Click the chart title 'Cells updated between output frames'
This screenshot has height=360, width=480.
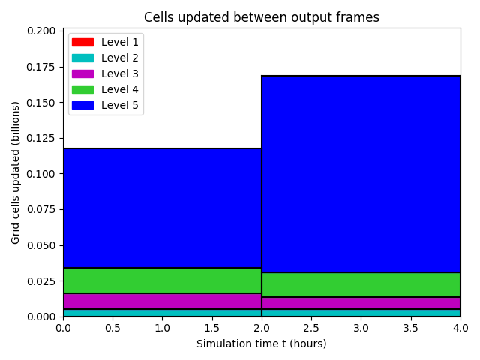click(x=262, y=17)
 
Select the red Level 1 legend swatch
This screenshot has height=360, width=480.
click(x=82, y=42)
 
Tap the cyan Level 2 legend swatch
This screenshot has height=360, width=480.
click(x=82, y=58)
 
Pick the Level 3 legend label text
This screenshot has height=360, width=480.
click(x=120, y=73)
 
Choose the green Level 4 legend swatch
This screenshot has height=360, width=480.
click(x=82, y=89)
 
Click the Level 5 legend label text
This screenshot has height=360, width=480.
click(x=120, y=105)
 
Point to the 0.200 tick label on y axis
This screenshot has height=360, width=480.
click(x=41, y=31)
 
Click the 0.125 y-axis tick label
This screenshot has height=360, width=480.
click(x=41, y=138)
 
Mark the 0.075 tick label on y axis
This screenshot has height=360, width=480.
click(x=41, y=209)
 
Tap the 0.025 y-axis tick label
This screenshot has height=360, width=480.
click(x=41, y=281)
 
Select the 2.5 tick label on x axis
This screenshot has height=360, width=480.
click(x=311, y=328)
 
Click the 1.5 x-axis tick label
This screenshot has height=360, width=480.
click(x=211, y=328)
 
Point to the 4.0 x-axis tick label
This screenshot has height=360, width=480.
click(x=460, y=328)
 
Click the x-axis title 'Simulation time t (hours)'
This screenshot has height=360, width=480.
click(x=262, y=343)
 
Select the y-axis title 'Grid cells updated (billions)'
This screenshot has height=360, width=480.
click(x=15, y=172)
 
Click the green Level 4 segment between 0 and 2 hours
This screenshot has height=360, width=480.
click(x=162, y=280)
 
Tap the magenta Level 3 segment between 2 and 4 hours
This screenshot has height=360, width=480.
click(x=361, y=303)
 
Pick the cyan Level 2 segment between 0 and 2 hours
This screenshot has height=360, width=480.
click(x=162, y=313)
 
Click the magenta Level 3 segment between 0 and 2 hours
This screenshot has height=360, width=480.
click(x=162, y=301)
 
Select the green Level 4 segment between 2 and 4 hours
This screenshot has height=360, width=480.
click(x=361, y=285)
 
